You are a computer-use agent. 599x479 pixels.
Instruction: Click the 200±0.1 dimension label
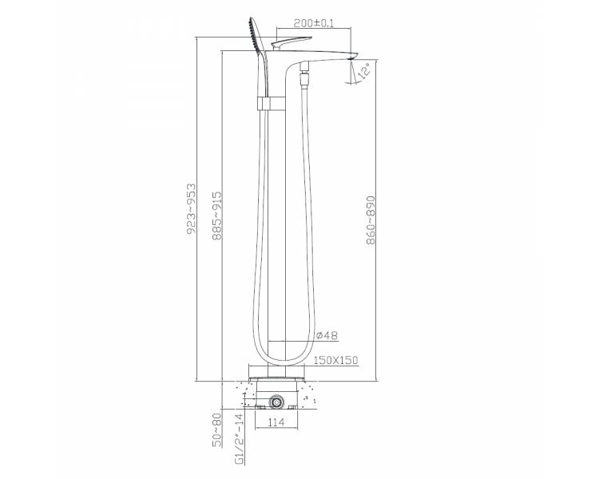pos(313,23)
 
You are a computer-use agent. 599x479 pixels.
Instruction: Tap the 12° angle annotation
pos(364,72)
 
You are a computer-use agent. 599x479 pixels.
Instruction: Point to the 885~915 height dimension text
pos(217,216)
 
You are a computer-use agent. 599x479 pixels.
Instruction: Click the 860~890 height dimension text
pos(371,220)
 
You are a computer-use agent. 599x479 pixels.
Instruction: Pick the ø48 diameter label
pos(327,335)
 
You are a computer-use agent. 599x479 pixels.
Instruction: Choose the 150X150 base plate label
pos(335,360)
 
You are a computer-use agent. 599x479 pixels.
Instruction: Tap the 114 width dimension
pos(276,422)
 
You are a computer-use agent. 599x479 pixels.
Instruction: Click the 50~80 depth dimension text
pos(217,430)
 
